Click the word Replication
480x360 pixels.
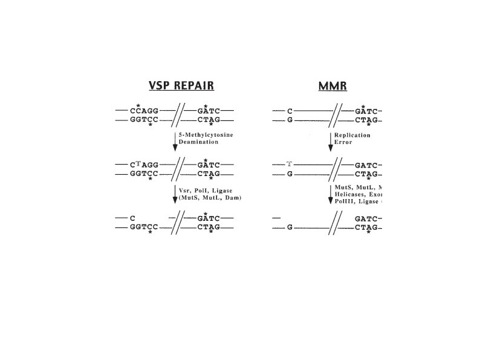coord(352,135)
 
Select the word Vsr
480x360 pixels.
coord(186,189)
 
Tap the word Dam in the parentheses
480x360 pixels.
coord(231,197)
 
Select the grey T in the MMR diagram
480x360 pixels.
coord(290,164)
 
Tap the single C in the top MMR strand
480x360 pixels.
coord(290,111)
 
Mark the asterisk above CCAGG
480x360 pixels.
coord(138,105)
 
